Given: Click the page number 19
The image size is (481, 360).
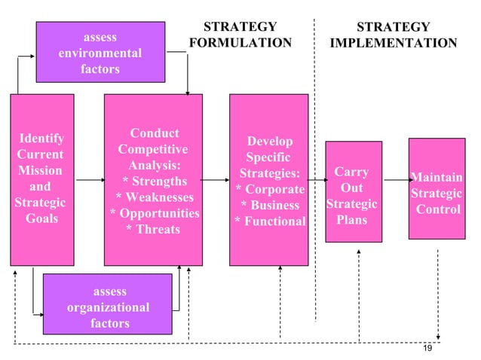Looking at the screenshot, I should (x=427, y=347).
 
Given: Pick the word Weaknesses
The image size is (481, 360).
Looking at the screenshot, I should (x=158, y=197).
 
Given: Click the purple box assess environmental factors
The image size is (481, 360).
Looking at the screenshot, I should (x=100, y=53).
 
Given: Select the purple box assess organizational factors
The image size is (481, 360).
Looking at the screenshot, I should (x=108, y=307).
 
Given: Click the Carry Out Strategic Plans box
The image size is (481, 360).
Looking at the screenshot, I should (x=354, y=192).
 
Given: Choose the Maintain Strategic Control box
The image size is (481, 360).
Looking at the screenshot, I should (x=437, y=193).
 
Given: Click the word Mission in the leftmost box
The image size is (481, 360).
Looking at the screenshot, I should (x=40, y=170).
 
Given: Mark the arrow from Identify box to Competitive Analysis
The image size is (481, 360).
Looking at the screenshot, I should (x=89, y=181).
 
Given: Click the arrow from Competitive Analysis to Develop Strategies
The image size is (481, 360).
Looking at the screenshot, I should (x=216, y=181).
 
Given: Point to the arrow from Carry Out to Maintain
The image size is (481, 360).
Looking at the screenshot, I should (x=395, y=181).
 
